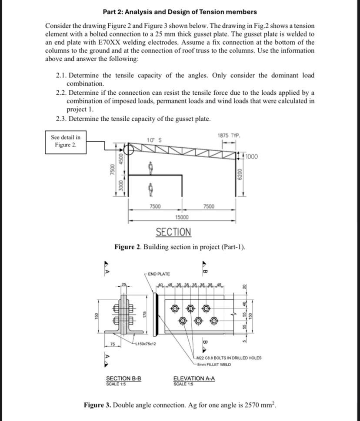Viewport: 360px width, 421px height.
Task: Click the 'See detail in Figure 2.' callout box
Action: pyautogui.click(x=66, y=141)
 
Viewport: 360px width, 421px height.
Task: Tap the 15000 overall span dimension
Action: pyautogui.click(x=181, y=217)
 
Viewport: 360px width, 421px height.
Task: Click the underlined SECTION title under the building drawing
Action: pyautogui.click(x=173, y=232)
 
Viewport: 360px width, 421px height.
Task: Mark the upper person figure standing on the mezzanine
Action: pyautogui.click(x=149, y=166)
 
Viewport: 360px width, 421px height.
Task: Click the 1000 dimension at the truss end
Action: pyautogui.click(x=251, y=157)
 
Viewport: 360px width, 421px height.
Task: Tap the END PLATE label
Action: pyautogui.click(x=159, y=274)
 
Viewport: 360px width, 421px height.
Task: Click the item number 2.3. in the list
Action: pyautogui.click(x=63, y=119)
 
